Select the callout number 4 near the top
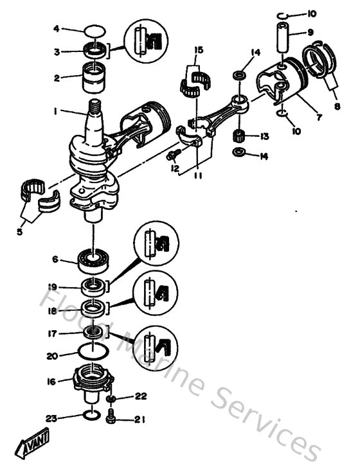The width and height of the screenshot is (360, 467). click(56, 28)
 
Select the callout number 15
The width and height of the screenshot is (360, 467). click(199, 49)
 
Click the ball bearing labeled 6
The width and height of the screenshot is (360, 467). click(94, 260)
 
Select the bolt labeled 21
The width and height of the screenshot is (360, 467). click(111, 419)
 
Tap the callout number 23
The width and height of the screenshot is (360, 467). click(53, 419)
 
